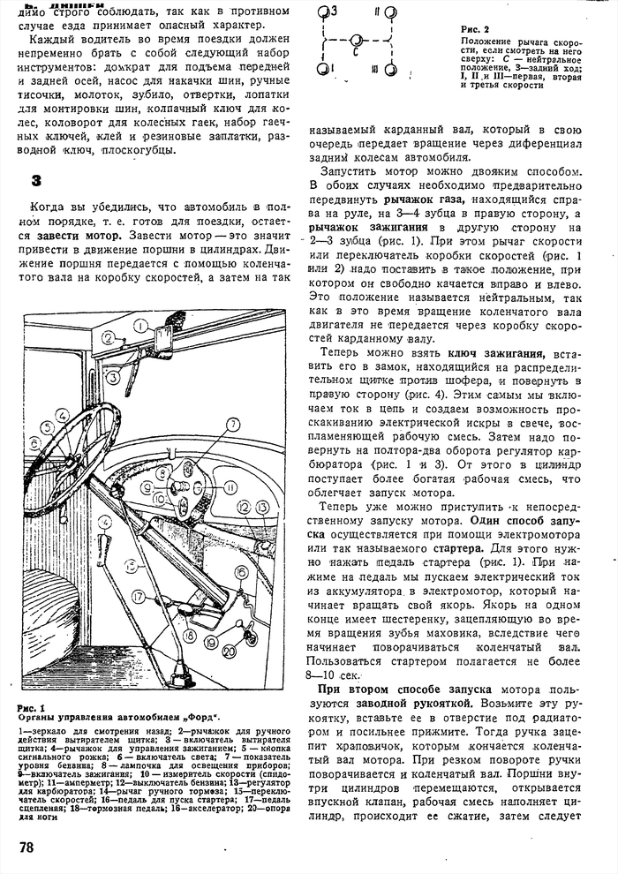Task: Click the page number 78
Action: [26, 847]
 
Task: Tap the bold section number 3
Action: [37, 181]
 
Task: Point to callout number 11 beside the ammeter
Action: [230, 486]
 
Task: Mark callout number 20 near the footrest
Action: [228, 652]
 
